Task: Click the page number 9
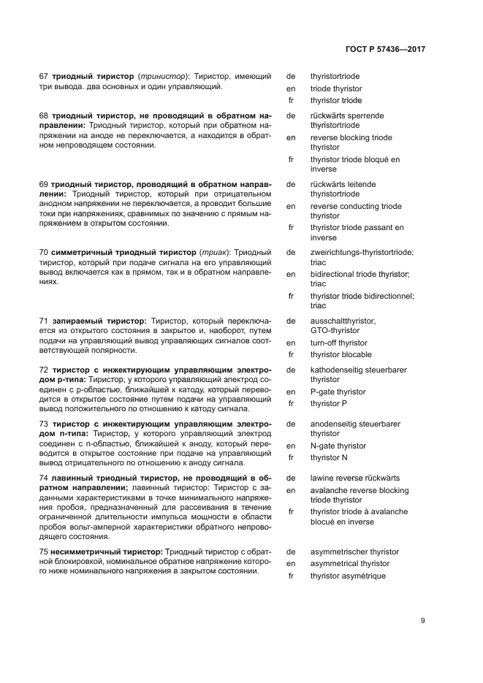[x=422, y=621]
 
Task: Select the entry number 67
[x=43, y=77]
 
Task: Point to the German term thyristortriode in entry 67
[x=335, y=77]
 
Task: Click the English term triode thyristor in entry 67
[x=335, y=88]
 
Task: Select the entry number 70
[x=43, y=252]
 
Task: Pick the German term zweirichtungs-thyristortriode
[x=362, y=252]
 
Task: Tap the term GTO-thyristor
[x=335, y=330]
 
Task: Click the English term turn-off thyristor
[x=338, y=343]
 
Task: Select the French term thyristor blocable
[x=341, y=354]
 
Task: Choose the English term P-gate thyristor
[x=338, y=392]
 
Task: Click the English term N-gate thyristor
[x=338, y=446]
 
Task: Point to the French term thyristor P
[x=328, y=403]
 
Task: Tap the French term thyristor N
[x=329, y=457]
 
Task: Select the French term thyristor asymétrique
[x=347, y=576]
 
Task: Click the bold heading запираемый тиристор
[x=98, y=321]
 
